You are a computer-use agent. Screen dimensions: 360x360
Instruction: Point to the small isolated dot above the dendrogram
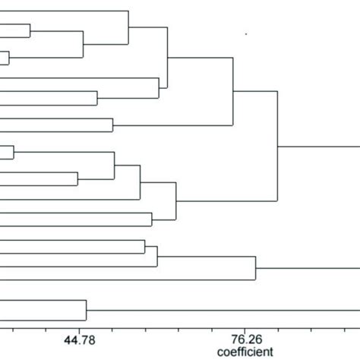point(246,33)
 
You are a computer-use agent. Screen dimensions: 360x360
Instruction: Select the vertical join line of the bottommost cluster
point(86,310)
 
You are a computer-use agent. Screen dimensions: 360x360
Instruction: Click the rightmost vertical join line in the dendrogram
point(279,146)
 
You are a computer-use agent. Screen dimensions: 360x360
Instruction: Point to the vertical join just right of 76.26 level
point(256,268)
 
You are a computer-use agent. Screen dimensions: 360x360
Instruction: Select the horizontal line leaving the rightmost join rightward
point(319,146)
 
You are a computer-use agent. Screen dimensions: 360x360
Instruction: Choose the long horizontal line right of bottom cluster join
point(220,310)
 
